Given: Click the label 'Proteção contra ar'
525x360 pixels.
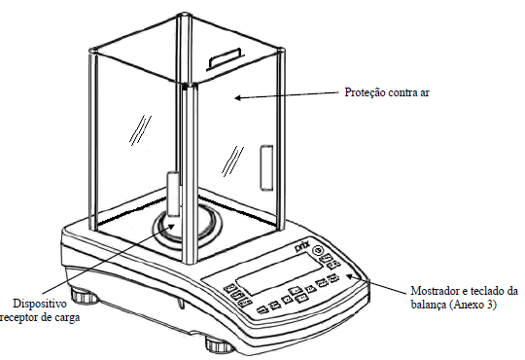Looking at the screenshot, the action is coord(387,92).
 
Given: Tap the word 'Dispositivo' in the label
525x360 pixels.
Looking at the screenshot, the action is coord(40,304).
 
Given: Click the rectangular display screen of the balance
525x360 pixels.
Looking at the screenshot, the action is coord(280,273).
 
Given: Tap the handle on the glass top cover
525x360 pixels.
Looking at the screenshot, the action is coord(225,58).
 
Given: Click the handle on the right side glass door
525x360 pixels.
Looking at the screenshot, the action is coord(266,167).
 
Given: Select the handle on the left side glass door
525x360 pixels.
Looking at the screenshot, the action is coord(173,194).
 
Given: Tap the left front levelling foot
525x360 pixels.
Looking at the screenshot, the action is coord(83,296).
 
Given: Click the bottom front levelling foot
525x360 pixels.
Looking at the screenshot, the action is coord(220,345).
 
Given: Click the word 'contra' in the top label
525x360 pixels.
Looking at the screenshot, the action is coord(401,92).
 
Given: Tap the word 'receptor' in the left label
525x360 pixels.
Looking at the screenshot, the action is coord(17,318).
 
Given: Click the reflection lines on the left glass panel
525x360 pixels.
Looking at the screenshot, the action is coord(140,130).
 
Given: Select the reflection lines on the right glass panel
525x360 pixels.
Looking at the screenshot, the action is coord(232,162).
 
